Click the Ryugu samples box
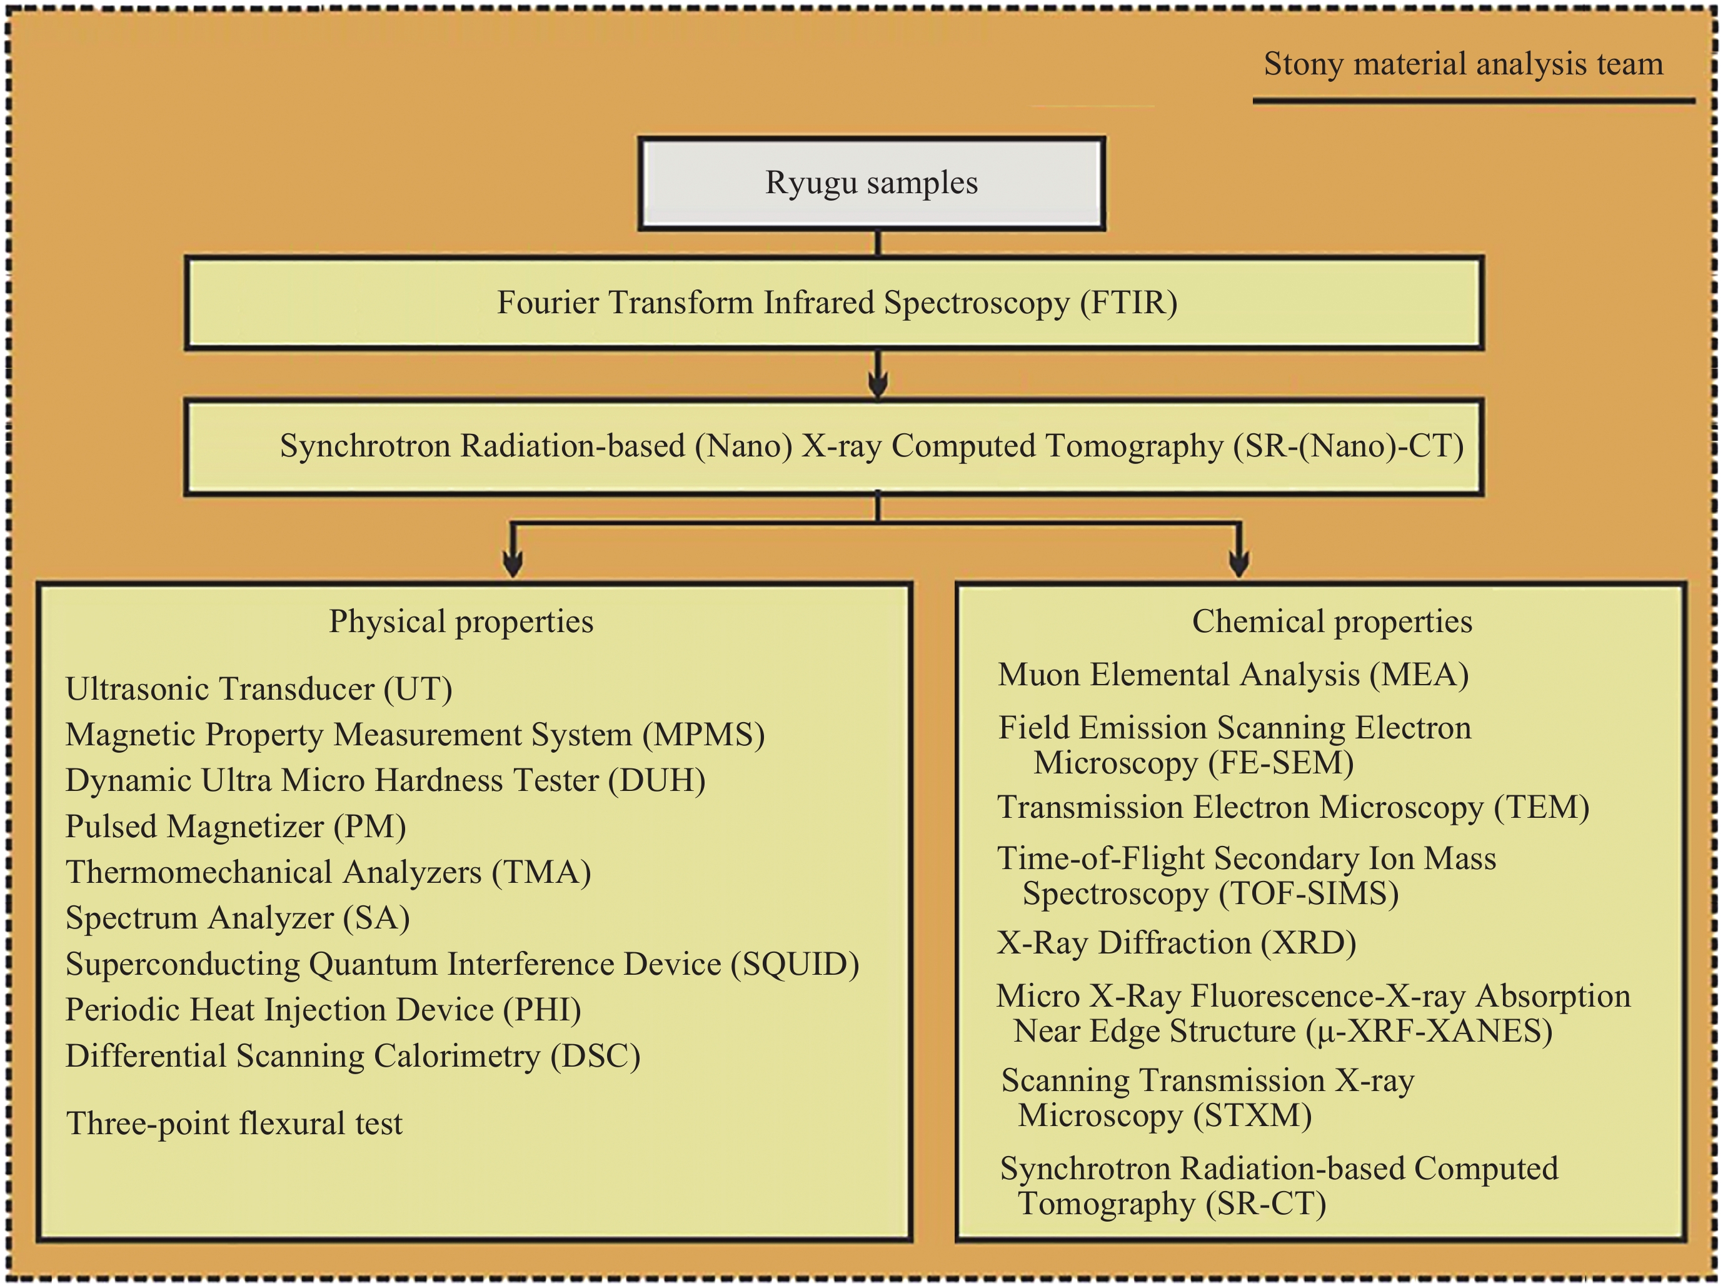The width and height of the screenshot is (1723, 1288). [x=872, y=184]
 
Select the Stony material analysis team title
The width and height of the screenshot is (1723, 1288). [x=1463, y=64]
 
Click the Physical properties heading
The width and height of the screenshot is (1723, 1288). [x=461, y=621]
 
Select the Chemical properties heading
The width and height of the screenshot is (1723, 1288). [x=1332, y=621]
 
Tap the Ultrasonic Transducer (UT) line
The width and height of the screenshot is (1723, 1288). [x=259, y=690]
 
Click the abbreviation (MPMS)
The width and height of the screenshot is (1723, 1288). [x=703, y=735]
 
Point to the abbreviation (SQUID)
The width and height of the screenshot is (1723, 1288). [x=795, y=965]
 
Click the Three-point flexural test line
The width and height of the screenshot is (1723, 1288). [x=234, y=1124]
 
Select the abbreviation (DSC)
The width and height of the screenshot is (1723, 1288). [x=595, y=1057]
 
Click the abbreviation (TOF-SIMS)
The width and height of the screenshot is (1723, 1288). [x=1309, y=893]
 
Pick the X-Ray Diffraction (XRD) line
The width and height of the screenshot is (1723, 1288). [x=1176, y=943]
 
